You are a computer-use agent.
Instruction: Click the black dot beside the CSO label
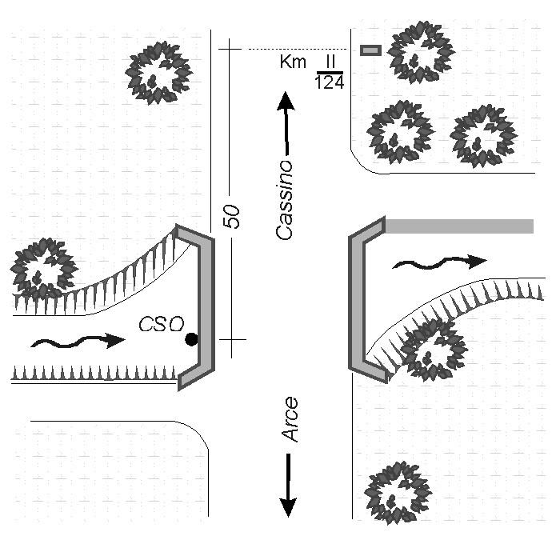click(x=191, y=339)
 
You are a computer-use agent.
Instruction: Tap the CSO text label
click(x=162, y=324)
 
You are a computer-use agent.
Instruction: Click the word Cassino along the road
click(x=285, y=200)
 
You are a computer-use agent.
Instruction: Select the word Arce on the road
click(x=290, y=419)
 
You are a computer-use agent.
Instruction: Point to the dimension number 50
click(x=231, y=216)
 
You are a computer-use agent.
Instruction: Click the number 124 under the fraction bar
click(x=330, y=83)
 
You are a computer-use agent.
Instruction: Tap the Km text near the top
click(x=293, y=62)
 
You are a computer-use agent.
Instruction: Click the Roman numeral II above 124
click(x=330, y=62)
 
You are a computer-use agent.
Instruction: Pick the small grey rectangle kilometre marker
click(x=370, y=50)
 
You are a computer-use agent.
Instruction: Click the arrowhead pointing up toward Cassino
click(x=286, y=101)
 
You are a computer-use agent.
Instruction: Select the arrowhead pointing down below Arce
click(x=288, y=507)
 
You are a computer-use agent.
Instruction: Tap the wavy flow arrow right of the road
click(x=440, y=262)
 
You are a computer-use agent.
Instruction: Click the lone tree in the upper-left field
click(x=159, y=73)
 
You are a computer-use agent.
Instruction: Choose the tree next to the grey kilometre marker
click(x=421, y=53)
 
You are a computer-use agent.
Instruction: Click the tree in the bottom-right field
click(x=398, y=494)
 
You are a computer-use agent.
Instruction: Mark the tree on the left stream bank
click(x=44, y=270)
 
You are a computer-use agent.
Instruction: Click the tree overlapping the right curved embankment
click(x=434, y=350)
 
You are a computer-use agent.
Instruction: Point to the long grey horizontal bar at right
click(x=459, y=226)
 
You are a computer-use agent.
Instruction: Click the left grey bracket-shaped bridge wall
click(x=206, y=307)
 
